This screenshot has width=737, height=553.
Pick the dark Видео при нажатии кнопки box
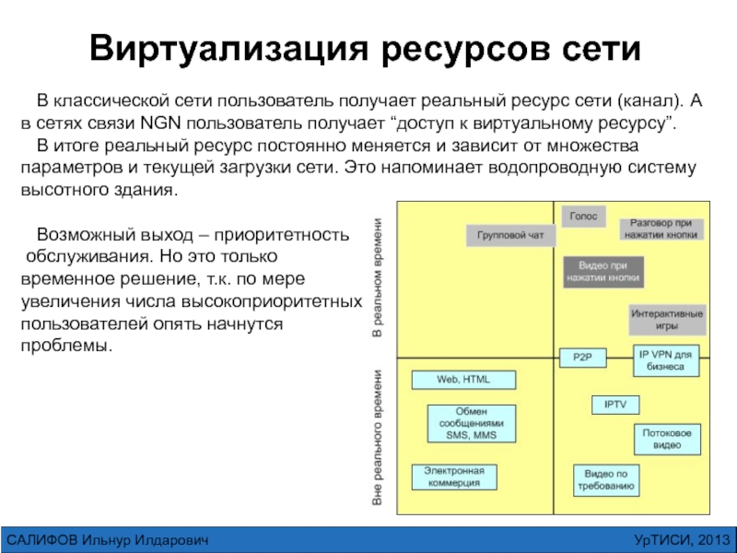[x=603, y=271]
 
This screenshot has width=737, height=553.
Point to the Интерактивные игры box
[x=668, y=319]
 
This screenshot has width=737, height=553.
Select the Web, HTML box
[x=463, y=380]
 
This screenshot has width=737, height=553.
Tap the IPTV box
[x=614, y=405]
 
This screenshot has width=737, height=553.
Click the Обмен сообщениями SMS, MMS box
[x=471, y=423]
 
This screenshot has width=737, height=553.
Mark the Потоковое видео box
[x=668, y=439]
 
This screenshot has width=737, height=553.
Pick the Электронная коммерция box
[x=453, y=477]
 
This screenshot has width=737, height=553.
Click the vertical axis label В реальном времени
[x=377, y=277]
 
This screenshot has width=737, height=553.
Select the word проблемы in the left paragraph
[x=65, y=346]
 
